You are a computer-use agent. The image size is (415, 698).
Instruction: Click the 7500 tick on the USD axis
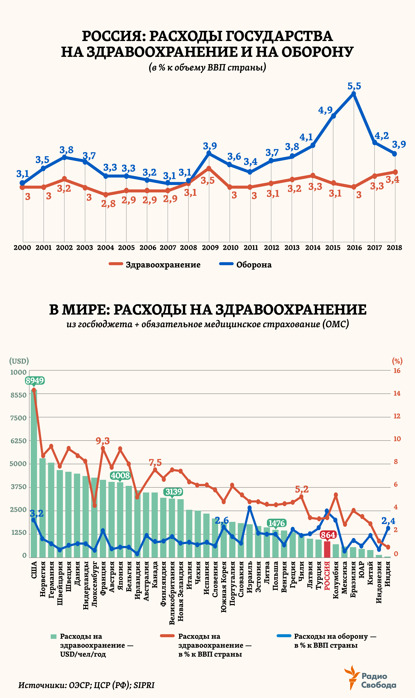click(x=18, y=418)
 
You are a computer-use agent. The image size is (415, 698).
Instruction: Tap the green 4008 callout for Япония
click(x=120, y=475)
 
